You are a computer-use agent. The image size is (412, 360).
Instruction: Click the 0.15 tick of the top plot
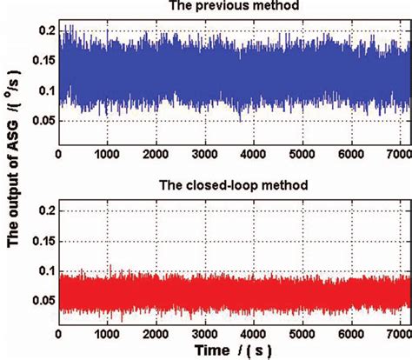tap(38, 61)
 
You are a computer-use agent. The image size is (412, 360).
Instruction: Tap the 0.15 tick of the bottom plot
tap(38, 240)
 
